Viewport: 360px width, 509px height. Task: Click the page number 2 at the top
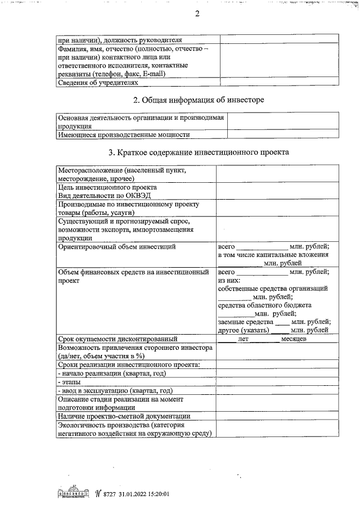(x=197, y=15)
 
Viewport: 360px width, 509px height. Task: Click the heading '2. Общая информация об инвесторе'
(x=199, y=100)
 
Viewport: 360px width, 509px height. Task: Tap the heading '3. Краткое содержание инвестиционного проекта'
(x=199, y=152)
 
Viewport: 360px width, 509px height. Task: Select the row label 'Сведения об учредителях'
(x=98, y=82)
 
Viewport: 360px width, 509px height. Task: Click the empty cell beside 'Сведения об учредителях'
(x=279, y=82)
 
